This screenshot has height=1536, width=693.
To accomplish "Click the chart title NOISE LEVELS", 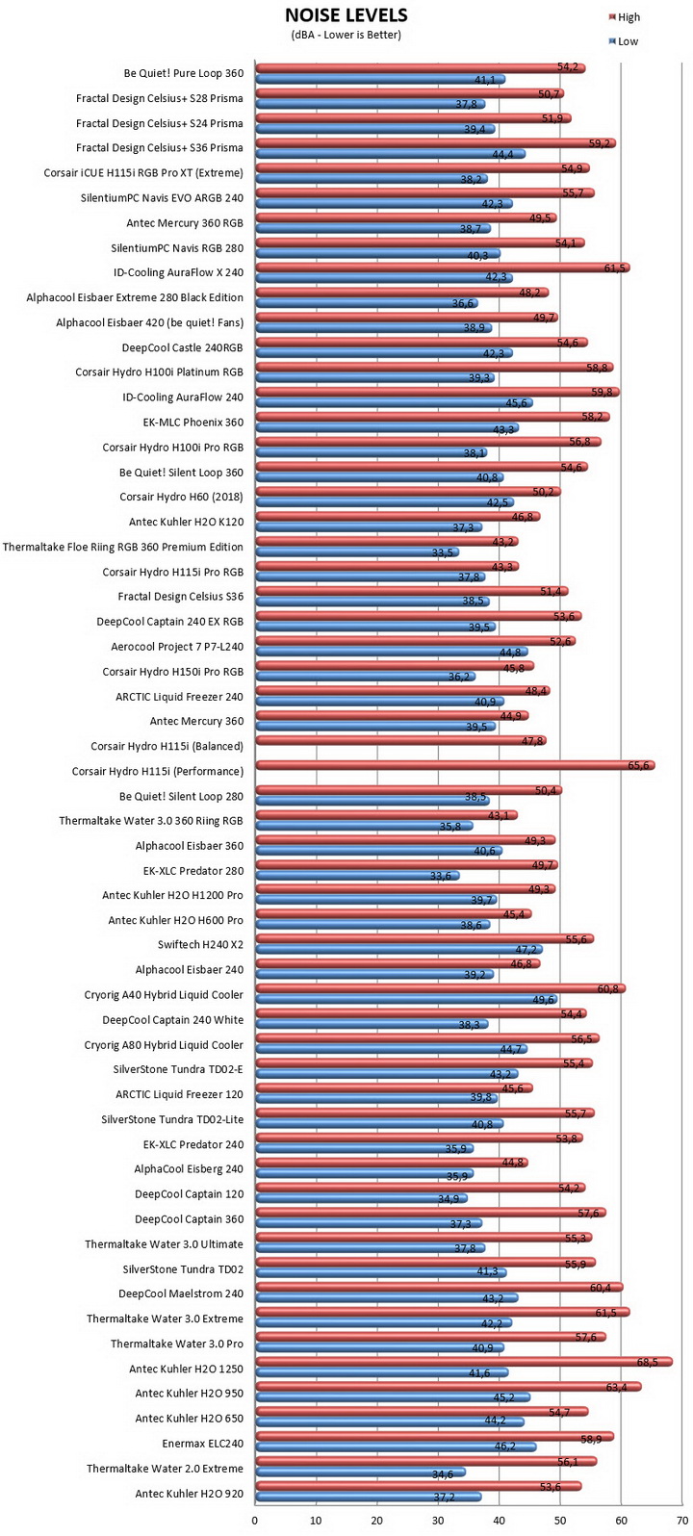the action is [346, 15].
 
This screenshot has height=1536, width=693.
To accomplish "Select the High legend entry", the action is [625, 17].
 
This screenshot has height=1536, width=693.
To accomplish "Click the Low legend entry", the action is [623, 41].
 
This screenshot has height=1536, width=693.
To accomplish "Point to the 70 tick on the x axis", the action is [682, 1521].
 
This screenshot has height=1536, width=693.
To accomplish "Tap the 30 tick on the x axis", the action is [438, 1521].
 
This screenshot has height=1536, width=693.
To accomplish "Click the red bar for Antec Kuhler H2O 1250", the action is [464, 1362].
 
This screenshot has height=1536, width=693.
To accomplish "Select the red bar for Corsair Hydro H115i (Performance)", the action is [455, 765].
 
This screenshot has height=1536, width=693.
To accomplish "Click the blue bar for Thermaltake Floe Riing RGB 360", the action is [357, 552].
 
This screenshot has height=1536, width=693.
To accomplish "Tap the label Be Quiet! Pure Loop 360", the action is [184, 73].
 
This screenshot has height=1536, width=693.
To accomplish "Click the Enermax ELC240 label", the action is [203, 1444].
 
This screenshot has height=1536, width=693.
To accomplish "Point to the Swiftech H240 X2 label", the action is [201, 945].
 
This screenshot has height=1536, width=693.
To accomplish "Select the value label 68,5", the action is [648, 1362].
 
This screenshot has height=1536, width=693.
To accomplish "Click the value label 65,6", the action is [638, 765].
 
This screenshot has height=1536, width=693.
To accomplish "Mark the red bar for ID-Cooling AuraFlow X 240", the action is [443, 268].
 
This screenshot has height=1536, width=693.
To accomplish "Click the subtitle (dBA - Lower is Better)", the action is [346, 35].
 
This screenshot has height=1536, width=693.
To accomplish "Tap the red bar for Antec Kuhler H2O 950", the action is [449, 1387].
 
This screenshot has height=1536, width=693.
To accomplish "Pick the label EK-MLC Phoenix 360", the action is [193, 422].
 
